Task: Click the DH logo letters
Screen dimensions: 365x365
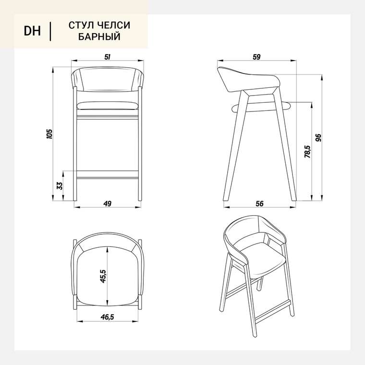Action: click(x=32, y=31)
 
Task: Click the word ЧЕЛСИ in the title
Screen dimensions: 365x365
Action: click(x=114, y=25)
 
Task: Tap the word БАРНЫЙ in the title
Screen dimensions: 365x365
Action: click(x=99, y=36)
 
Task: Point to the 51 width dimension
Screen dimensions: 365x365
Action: click(x=107, y=57)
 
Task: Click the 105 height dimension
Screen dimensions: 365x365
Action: click(x=49, y=134)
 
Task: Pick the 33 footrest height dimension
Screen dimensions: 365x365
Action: click(x=60, y=185)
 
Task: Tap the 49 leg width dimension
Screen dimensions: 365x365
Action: click(x=107, y=204)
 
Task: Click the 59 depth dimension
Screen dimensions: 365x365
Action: click(x=256, y=57)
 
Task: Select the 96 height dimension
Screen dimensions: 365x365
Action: click(x=318, y=138)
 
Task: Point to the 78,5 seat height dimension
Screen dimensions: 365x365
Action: click(x=307, y=152)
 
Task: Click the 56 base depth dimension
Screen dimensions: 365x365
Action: click(x=259, y=204)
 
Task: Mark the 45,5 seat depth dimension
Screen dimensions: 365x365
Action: click(x=103, y=276)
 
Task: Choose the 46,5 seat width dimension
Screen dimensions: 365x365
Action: click(x=107, y=317)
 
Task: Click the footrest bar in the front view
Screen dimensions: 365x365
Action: click(x=108, y=175)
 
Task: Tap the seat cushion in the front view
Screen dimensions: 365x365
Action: click(x=108, y=106)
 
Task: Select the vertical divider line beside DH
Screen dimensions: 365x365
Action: click(x=50, y=31)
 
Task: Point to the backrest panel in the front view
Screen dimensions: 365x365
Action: click(x=108, y=79)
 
